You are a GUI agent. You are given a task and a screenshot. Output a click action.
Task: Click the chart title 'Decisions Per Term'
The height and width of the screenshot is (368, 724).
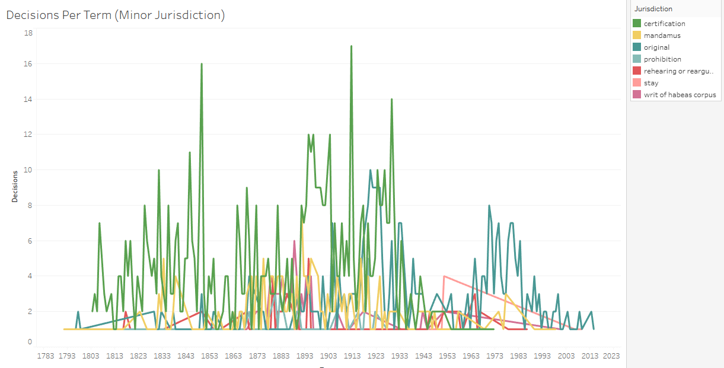tap(116, 15)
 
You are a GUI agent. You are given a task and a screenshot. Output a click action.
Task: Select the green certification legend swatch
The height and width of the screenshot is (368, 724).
tap(637, 24)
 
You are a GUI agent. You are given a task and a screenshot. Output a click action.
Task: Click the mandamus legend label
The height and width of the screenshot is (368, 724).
tap(662, 36)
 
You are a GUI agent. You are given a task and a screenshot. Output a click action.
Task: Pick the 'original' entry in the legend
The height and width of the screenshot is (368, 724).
tap(656, 47)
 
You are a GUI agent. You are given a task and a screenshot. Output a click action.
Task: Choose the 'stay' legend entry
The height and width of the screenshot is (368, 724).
tap(651, 83)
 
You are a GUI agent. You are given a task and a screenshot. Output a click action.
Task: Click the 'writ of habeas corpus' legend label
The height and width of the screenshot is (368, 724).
tap(680, 95)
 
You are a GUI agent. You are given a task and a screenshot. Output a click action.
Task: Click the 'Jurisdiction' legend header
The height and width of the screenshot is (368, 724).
tap(653, 9)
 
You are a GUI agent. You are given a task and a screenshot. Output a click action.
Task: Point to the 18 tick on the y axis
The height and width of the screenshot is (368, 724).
tap(28, 33)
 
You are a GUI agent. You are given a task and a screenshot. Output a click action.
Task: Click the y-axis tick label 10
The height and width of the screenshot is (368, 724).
tap(28, 170)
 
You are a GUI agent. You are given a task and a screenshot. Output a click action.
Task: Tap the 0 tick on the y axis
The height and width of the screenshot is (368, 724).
tap(30, 341)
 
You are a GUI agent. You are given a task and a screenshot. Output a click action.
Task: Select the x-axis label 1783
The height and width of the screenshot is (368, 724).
tap(46, 356)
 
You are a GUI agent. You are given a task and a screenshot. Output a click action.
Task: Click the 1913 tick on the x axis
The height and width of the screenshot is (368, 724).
tap(352, 356)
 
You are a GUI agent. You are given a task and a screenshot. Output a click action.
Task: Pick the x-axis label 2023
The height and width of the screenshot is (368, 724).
tap(611, 356)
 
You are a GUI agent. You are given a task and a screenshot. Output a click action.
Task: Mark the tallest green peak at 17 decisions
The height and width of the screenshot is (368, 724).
tap(352, 46)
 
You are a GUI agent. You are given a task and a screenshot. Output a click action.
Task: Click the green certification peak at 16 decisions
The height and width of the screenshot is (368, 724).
tap(202, 63)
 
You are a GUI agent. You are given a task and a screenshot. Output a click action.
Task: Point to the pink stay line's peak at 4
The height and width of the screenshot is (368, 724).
tap(444, 276)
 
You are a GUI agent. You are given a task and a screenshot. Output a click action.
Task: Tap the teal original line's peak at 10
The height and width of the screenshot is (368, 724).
tap(371, 170)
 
